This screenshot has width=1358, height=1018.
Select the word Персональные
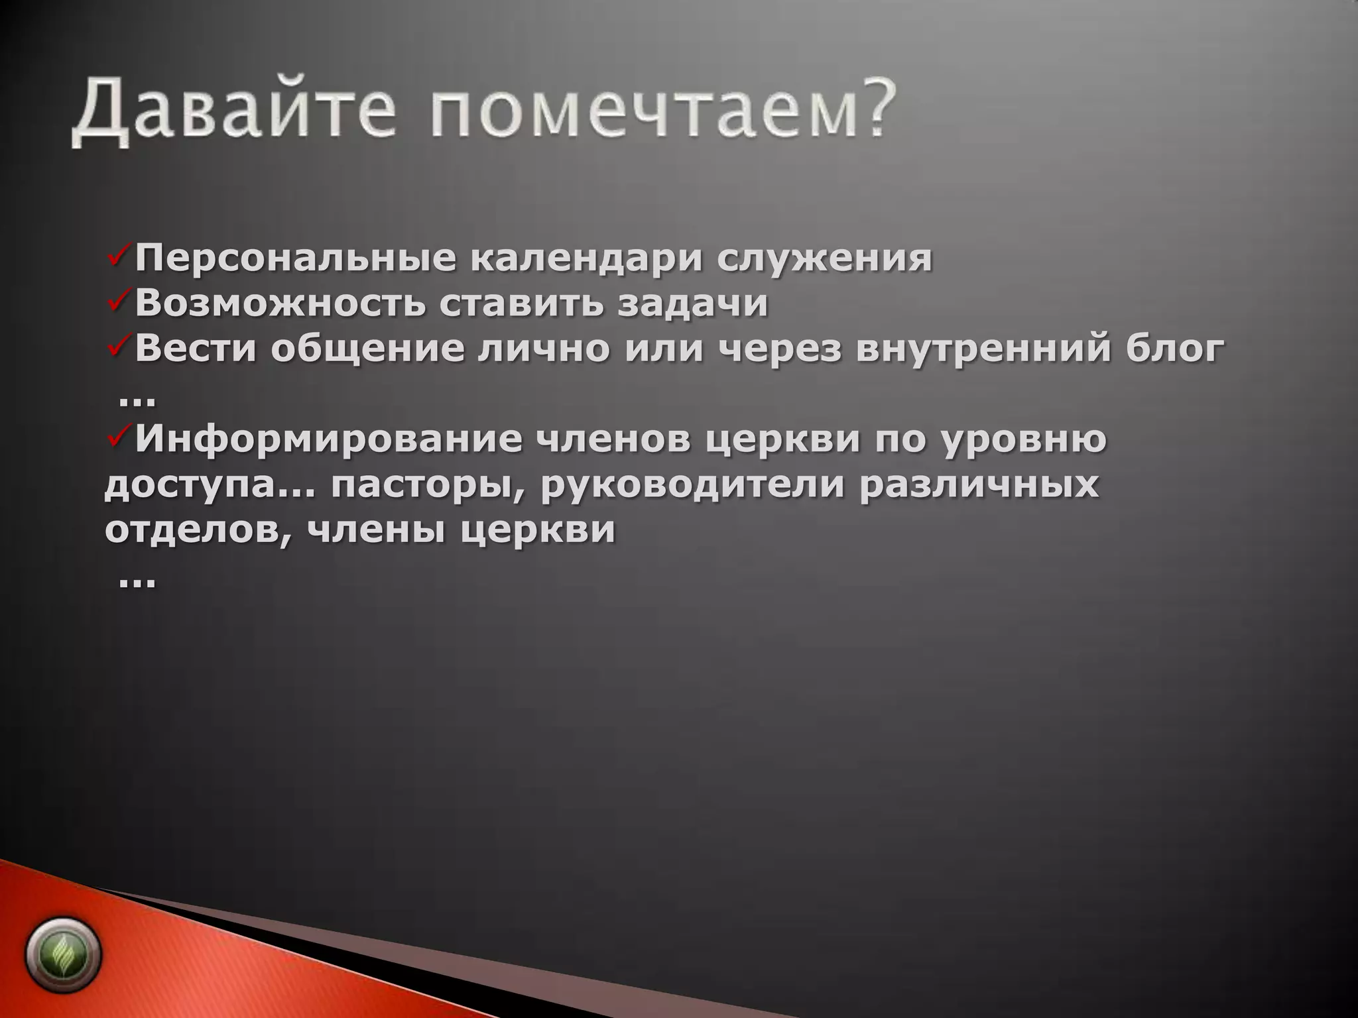pyautogui.click(x=295, y=258)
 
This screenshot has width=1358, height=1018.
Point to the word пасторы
pyautogui.click(x=428, y=486)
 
